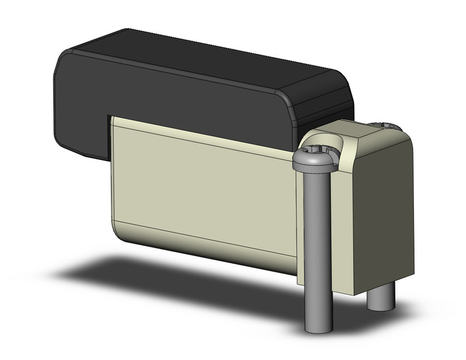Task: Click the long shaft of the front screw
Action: (318, 245)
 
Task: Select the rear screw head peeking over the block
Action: (385, 125)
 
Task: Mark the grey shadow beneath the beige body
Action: (153, 276)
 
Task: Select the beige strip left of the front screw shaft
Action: (300, 227)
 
